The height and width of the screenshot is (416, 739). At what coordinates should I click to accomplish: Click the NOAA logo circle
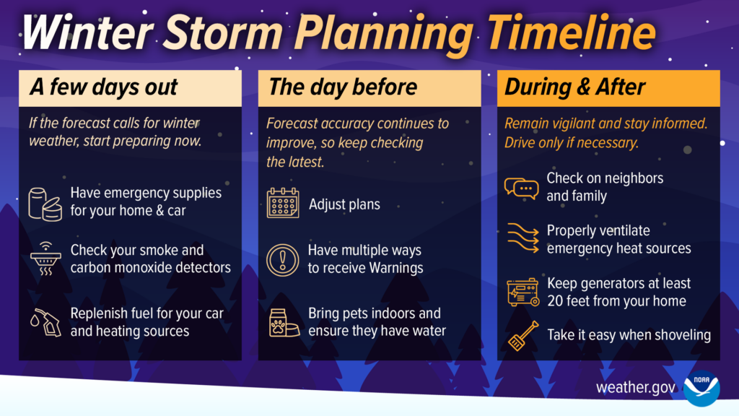[x=701, y=388]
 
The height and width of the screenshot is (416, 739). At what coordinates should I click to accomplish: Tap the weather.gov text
[x=636, y=388]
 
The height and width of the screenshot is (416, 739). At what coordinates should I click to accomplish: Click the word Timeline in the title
[x=571, y=33]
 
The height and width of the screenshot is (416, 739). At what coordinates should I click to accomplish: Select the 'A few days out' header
[x=103, y=88]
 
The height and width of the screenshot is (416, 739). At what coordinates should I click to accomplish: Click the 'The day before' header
[x=343, y=88]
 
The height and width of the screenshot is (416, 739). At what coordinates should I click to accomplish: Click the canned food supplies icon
[x=45, y=202]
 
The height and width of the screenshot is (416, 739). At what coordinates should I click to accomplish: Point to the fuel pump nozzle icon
[x=45, y=322]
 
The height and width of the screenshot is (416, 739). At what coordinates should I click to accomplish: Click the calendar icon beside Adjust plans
[x=282, y=204]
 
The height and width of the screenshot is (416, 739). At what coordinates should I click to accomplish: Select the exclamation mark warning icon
[x=282, y=259]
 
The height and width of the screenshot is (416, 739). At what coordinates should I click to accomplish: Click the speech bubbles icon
[x=521, y=187]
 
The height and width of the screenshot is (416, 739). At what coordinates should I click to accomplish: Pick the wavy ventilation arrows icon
[x=521, y=239]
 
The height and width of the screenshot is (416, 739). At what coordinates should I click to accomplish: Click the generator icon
[x=521, y=292]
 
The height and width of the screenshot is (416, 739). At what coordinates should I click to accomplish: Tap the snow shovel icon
[x=522, y=335]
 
